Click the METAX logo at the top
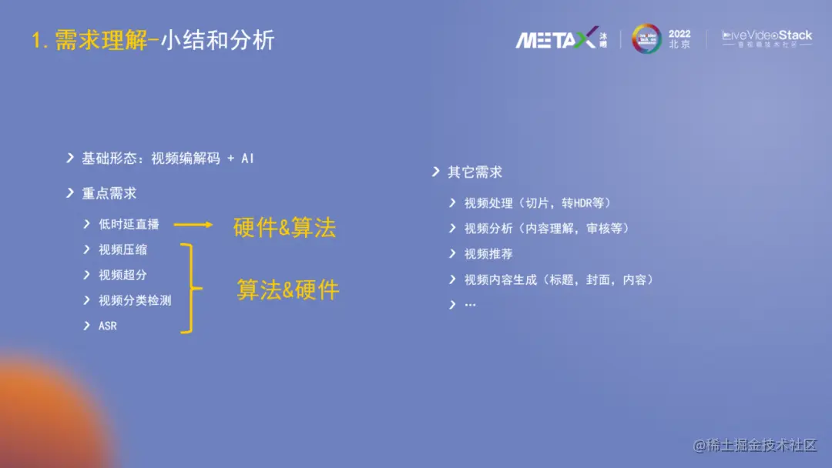pos(557,38)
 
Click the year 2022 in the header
pos(679,34)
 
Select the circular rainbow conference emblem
pos(646,38)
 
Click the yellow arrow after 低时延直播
pos(193,225)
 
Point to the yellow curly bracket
pos(190,288)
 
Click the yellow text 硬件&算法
pos(284,228)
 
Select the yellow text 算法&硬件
pos(287,289)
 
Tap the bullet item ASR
pos(108,326)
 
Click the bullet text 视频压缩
pos(122,249)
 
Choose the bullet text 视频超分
pos(122,275)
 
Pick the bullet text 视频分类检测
pos(135,300)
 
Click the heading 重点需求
pos(109,193)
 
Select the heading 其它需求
pos(475,172)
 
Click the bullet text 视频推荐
pos(488,254)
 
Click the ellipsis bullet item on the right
pos(470,305)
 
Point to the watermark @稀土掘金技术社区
pos(754,445)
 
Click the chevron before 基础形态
pos(70,158)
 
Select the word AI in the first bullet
pos(247,158)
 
